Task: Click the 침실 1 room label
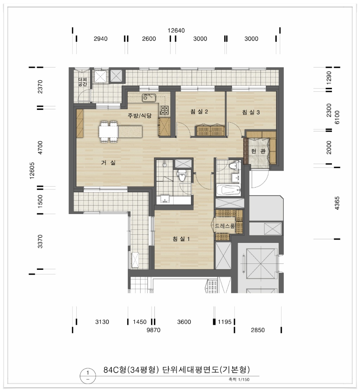click(181, 239)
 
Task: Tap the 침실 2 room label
click(199, 111)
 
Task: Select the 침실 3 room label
click(251, 112)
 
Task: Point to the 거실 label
click(108, 163)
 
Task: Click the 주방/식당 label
click(140, 115)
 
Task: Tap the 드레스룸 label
click(225, 226)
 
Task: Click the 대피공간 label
click(83, 82)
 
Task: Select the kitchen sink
click(149, 98)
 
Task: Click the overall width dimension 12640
click(176, 31)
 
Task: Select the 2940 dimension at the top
click(101, 39)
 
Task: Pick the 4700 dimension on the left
click(40, 148)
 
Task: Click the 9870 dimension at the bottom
click(153, 330)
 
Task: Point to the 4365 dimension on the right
click(337, 203)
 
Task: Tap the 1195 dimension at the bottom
click(225, 322)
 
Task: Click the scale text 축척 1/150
click(239, 379)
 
